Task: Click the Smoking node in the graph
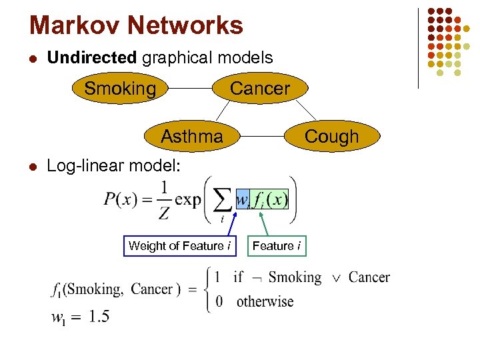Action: [x=120, y=89]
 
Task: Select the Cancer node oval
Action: [x=259, y=89]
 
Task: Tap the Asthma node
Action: [x=192, y=137]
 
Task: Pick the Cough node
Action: [x=331, y=137]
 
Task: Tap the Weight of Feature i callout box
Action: [x=179, y=246]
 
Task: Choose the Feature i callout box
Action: [x=276, y=246]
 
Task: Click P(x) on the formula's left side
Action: [x=121, y=199]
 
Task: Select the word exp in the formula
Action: [x=188, y=199]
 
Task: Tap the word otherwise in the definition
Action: [x=265, y=301]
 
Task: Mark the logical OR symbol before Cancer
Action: [x=335, y=277]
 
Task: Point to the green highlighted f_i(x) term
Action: [x=270, y=199]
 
